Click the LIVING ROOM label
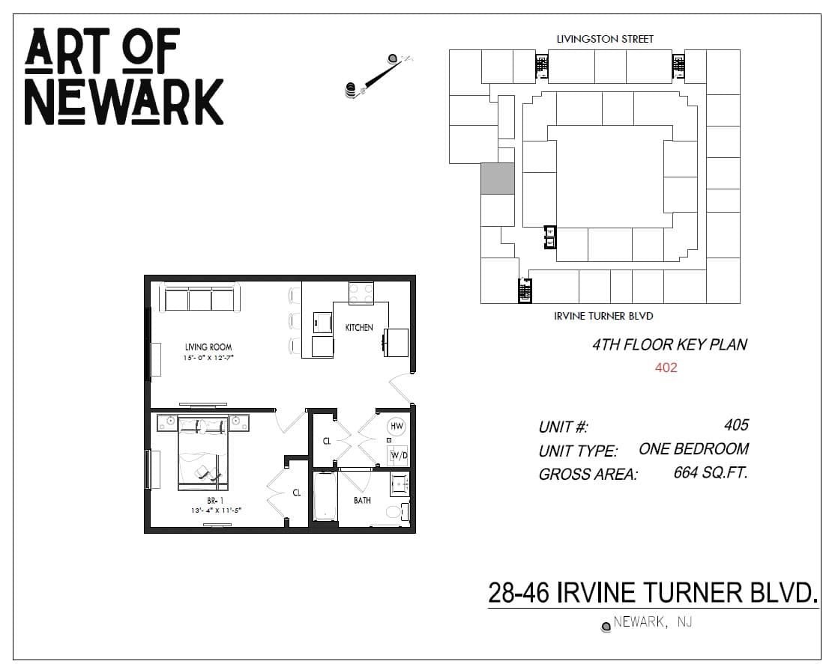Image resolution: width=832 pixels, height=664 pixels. pyautogui.click(x=208, y=347)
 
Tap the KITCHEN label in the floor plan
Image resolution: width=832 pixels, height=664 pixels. pyautogui.click(x=359, y=327)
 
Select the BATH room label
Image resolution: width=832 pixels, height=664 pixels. pyautogui.click(x=363, y=500)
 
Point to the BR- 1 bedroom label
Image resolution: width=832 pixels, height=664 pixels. pyautogui.click(x=215, y=501)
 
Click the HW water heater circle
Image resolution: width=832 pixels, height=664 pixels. pyautogui.click(x=397, y=426)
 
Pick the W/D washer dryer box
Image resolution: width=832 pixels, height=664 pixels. pyautogui.click(x=399, y=455)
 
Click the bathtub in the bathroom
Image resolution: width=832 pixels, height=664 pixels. pyautogui.click(x=325, y=496)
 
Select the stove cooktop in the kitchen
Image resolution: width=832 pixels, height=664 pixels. pyautogui.click(x=361, y=293)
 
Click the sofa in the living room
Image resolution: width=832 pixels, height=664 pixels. pyautogui.click(x=200, y=299)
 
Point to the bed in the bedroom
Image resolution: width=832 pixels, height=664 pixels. pyautogui.click(x=203, y=454)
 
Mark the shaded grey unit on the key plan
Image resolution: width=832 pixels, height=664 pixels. pyautogui.click(x=498, y=179)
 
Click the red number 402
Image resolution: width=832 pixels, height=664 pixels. pyautogui.click(x=666, y=368)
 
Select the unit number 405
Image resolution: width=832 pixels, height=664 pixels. pyautogui.click(x=736, y=424)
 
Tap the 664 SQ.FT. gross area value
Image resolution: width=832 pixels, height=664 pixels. pyautogui.click(x=711, y=472)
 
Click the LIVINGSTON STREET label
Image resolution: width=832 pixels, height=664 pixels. pyautogui.click(x=605, y=39)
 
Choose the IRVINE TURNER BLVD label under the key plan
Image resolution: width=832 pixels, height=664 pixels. pyautogui.click(x=603, y=317)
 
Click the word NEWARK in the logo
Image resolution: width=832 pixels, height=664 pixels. pyautogui.click(x=124, y=103)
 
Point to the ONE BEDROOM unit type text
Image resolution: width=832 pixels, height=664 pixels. pyautogui.click(x=693, y=449)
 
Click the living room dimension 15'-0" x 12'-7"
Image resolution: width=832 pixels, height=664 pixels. pyautogui.click(x=208, y=359)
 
